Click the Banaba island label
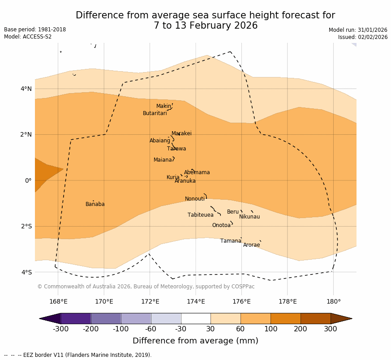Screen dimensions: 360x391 pos(95,205)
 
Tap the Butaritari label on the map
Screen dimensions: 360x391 pos(155,114)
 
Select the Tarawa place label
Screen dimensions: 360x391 pos(176,149)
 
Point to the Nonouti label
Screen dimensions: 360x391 pos(195,199)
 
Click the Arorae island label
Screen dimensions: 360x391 pos(251,245)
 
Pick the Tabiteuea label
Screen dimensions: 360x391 pos(201,215)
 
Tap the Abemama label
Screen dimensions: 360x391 pos(197,173)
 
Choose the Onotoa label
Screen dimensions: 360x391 pos(221,226)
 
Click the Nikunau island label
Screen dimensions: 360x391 pos(249,217)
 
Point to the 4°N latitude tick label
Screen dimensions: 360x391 pos(26,89)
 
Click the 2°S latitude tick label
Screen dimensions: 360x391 pos(26,227)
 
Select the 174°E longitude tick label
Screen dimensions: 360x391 pos(196,302)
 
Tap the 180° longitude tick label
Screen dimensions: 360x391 pos(333,302)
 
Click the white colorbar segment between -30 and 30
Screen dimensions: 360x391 pos(196,318)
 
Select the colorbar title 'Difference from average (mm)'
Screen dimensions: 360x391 pos(195,341)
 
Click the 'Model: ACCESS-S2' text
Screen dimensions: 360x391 pos(28,37)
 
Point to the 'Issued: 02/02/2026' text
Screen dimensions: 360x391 pos(363,37)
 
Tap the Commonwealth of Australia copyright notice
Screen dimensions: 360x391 pos(146,287)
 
